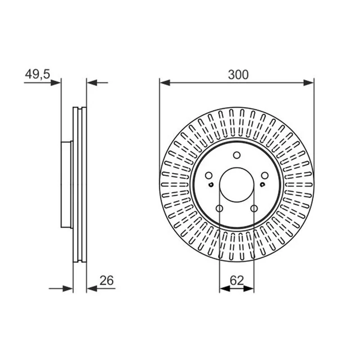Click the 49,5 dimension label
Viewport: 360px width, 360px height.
(x=37, y=74)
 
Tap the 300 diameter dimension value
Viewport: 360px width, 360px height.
(x=238, y=75)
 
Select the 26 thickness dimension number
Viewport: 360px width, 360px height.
(x=107, y=280)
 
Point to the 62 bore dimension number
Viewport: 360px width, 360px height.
(x=237, y=280)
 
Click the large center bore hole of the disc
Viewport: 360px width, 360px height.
(x=237, y=185)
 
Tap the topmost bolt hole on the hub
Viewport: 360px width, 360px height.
(x=237, y=155)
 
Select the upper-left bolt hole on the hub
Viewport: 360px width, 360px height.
(x=208, y=175)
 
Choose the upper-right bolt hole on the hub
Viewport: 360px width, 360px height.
(x=265, y=175)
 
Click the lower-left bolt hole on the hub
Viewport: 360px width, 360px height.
(x=220, y=209)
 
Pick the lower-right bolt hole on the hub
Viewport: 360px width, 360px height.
(x=254, y=209)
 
